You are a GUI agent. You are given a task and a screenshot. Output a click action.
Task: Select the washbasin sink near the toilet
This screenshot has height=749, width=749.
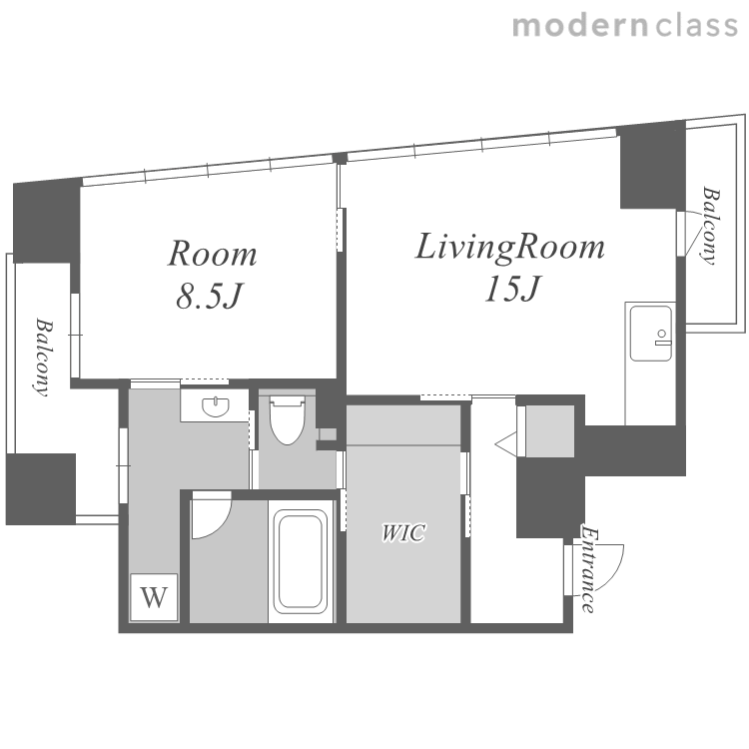(x=216, y=406)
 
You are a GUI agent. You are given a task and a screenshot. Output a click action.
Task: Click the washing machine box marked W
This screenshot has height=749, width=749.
(x=154, y=597)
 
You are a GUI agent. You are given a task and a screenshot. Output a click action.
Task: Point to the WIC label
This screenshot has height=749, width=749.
(x=402, y=532)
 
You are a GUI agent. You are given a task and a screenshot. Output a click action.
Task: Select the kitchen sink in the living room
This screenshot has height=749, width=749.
(x=650, y=334)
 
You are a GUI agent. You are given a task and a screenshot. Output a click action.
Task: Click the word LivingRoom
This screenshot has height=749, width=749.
(x=510, y=248)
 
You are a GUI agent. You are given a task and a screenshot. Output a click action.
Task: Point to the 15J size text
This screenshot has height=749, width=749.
(x=511, y=289)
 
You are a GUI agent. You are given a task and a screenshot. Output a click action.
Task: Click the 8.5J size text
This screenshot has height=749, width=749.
(x=210, y=296)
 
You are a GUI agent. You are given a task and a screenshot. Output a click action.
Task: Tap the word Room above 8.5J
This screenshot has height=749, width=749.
(x=213, y=254)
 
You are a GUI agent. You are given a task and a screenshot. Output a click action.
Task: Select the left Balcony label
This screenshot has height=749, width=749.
(x=44, y=358)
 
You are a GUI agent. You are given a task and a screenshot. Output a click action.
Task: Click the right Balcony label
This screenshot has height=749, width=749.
(x=711, y=225)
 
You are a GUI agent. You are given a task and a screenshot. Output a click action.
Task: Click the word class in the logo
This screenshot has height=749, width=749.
(x=696, y=25)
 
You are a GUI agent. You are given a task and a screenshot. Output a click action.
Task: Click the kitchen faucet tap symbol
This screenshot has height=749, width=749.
(x=662, y=338)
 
